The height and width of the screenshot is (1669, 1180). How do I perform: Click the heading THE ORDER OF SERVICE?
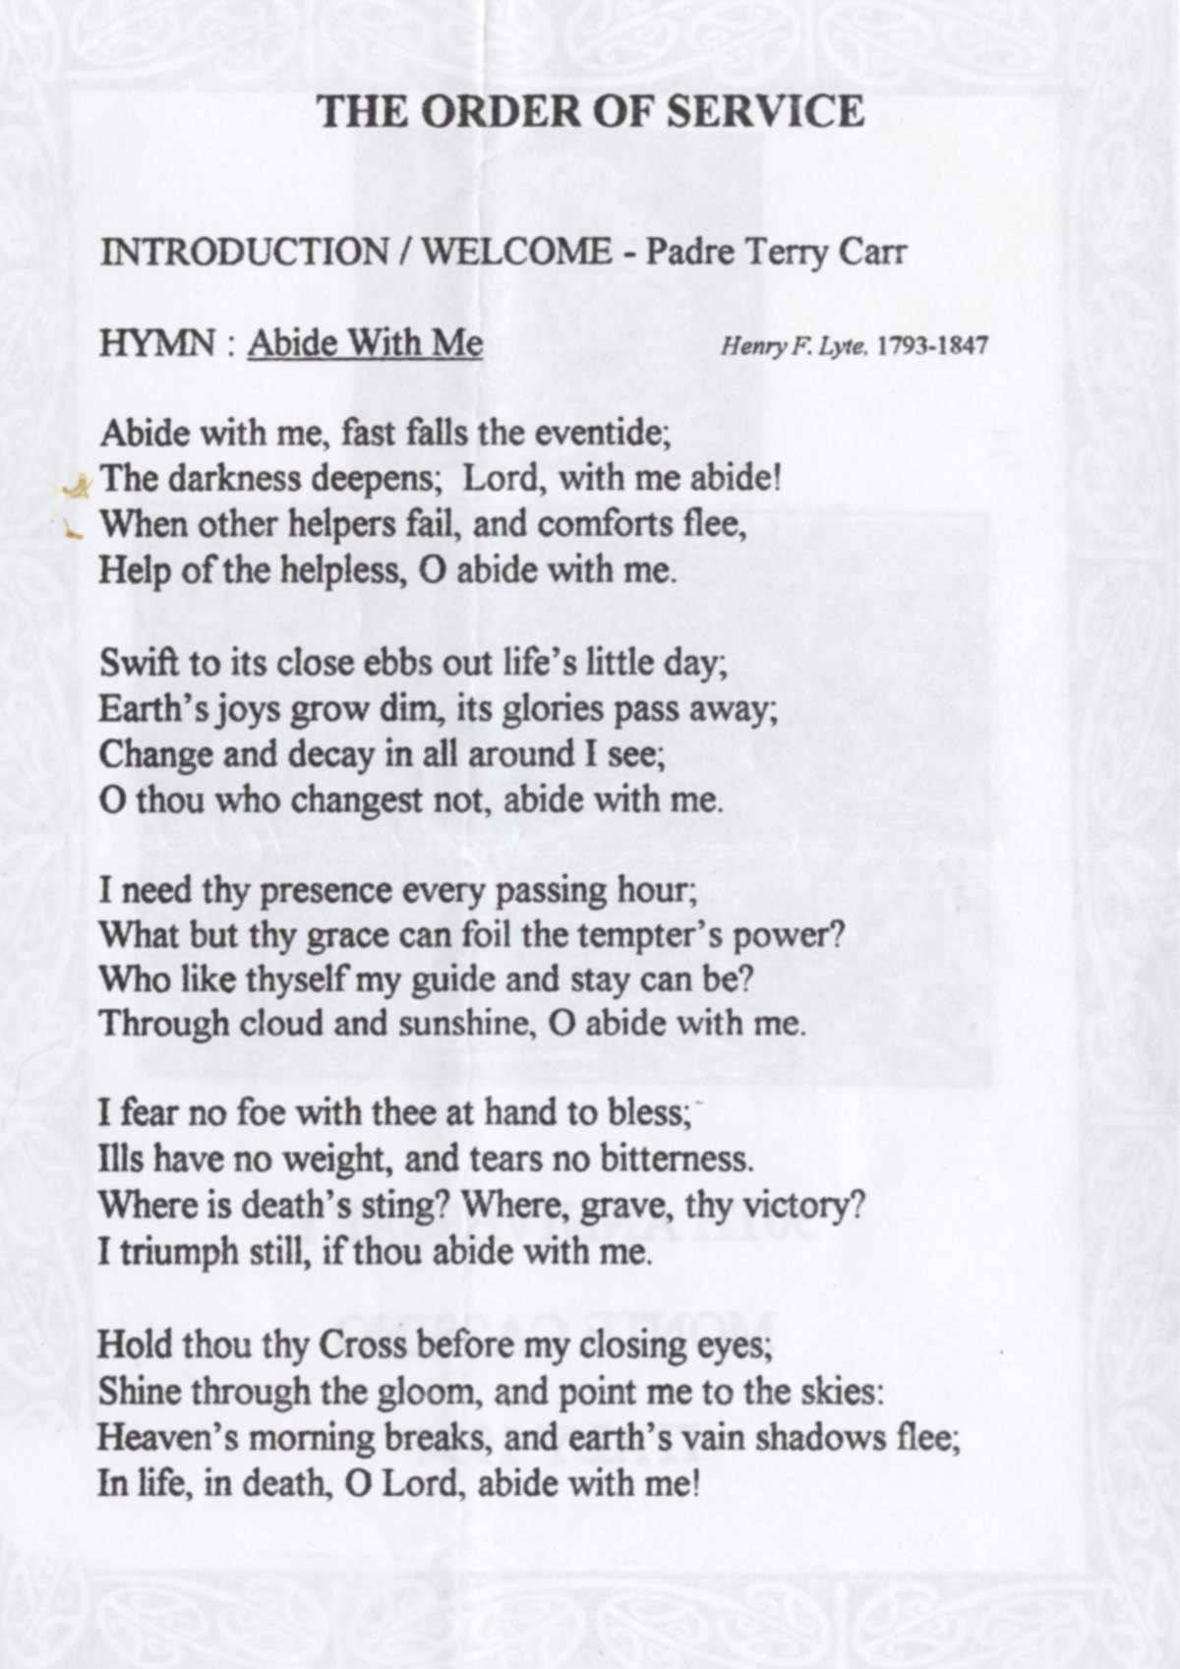(590, 111)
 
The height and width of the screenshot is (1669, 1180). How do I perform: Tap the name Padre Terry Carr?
(775, 253)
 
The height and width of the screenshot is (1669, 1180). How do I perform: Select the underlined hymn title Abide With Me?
(365, 343)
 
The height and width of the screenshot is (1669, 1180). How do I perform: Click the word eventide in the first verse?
(601, 432)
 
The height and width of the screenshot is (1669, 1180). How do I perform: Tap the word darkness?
(234, 478)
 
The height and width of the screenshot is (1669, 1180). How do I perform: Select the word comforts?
(607, 523)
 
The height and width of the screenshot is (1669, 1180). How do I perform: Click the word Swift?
(138, 662)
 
